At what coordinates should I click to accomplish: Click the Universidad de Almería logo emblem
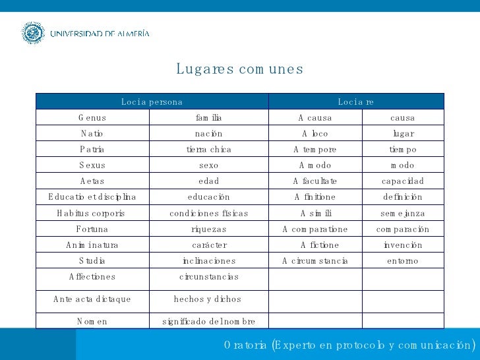click(x=32, y=33)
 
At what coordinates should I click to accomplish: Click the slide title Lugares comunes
click(x=239, y=69)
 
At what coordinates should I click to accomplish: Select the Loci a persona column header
click(x=152, y=102)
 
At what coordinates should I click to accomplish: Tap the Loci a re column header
click(x=356, y=102)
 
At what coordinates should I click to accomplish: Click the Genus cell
click(x=92, y=118)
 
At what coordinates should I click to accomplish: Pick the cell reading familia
click(x=208, y=118)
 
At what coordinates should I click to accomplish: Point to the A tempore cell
click(x=315, y=150)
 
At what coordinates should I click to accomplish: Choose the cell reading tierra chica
click(x=208, y=150)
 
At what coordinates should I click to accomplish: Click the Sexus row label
click(x=92, y=165)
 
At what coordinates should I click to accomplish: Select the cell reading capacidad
click(x=403, y=181)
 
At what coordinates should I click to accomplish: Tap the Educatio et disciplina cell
click(x=92, y=197)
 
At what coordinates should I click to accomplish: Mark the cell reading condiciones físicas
click(x=208, y=214)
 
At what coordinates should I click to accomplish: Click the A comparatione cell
click(x=315, y=229)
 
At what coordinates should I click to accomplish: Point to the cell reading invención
click(x=403, y=245)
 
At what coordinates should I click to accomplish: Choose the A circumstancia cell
click(x=315, y=261)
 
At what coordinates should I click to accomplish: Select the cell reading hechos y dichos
click(x=208, y=299)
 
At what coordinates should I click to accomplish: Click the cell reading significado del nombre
click(x=208, y=321)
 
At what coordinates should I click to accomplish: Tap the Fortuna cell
click(x=92, y=229)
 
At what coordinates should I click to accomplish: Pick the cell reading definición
click(x=403, y=197)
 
